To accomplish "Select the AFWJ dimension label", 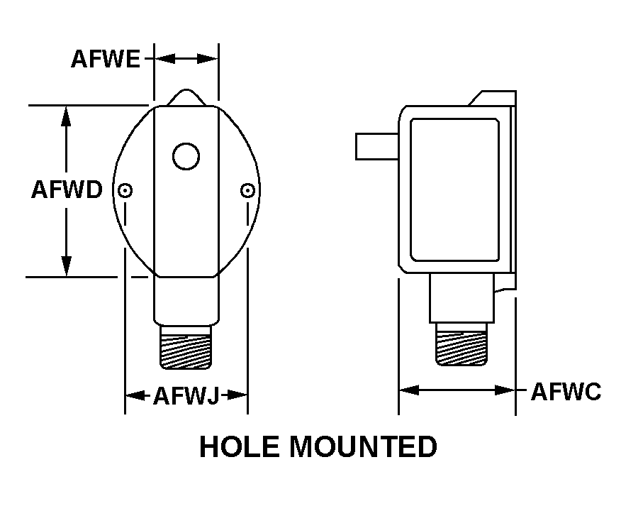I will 186,395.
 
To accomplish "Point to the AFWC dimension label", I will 566,391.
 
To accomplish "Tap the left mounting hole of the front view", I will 125,190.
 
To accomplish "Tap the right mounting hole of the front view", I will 247,190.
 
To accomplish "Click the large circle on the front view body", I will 186,157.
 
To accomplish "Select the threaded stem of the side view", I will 461,345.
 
